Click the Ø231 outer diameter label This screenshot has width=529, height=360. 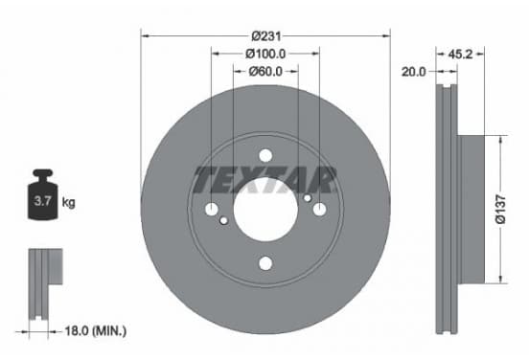tap(266, 35)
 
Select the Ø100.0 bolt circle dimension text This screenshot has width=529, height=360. tap(265, 54)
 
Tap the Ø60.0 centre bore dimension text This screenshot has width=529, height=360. tap(265, 72)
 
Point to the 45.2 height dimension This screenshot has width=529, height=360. tap(460, 54)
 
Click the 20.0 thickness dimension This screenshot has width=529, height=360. tap(414, 72)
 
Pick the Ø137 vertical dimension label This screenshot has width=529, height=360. tap(500, 209)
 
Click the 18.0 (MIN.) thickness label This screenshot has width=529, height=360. tap(96, 331)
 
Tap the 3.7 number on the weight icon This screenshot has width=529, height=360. tap(42, 201)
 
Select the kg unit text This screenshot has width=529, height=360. tap(68, 203)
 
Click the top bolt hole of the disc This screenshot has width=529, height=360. tap(265, 156)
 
